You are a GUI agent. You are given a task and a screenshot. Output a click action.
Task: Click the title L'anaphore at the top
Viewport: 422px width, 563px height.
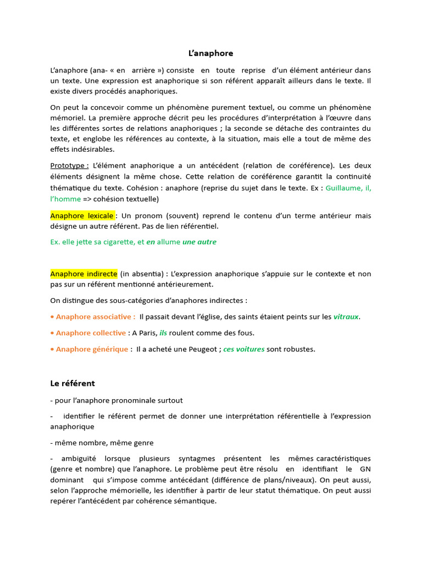(x=210, y=53)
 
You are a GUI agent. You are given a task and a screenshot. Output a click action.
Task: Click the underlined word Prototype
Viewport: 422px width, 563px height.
(x=68, y=165)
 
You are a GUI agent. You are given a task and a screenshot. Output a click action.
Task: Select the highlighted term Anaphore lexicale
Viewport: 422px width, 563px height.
(x=82, y=216)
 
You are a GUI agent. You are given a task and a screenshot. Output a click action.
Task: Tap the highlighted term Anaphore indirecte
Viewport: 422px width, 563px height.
(x=84, y=274)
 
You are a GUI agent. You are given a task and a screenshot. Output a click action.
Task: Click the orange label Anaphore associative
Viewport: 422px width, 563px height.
(x=96, y=317)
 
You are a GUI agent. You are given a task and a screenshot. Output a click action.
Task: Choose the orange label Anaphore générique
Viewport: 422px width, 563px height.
(x=92, y=349)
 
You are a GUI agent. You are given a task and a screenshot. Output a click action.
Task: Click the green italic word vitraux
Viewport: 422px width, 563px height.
(x=346, y=317)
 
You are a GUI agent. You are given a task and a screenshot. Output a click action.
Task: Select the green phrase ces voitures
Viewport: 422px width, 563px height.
(x=244, y=349)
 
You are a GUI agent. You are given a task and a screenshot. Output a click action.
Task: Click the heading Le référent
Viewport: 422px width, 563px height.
(x=73, y=383)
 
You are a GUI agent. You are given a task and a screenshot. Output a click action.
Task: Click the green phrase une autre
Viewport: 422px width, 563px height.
(x=199, y=242)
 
